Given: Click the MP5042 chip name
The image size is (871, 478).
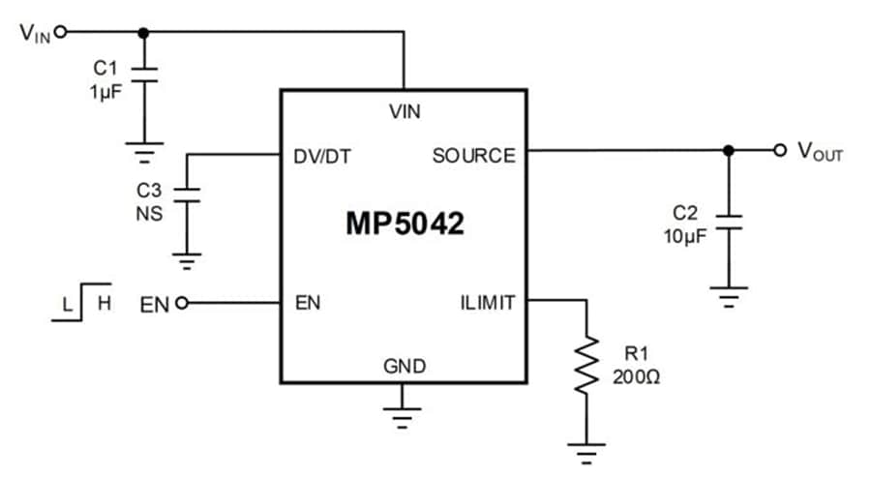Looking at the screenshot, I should click(x=405, y=224).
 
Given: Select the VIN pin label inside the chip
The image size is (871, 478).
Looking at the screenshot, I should click(x=405, y=111).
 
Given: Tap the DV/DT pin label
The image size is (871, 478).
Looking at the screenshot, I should click(x=323, y=156).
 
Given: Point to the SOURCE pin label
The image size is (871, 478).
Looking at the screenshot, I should click(x=473, y=156).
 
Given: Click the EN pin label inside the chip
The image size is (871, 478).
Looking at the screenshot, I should click(x=308, y=303).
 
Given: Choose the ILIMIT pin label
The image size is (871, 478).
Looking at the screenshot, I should click(x=487, y=303).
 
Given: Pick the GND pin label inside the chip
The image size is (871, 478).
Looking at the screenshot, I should click(x=405, y=366).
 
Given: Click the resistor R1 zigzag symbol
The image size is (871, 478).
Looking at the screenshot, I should click(x=586, y=363).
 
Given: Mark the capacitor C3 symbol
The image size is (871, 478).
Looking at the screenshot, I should click(x=187, y=194).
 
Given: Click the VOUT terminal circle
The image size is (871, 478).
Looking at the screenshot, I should click(x=780, y=150).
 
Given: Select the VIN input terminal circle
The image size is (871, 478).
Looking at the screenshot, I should click(x=61, y=31).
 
